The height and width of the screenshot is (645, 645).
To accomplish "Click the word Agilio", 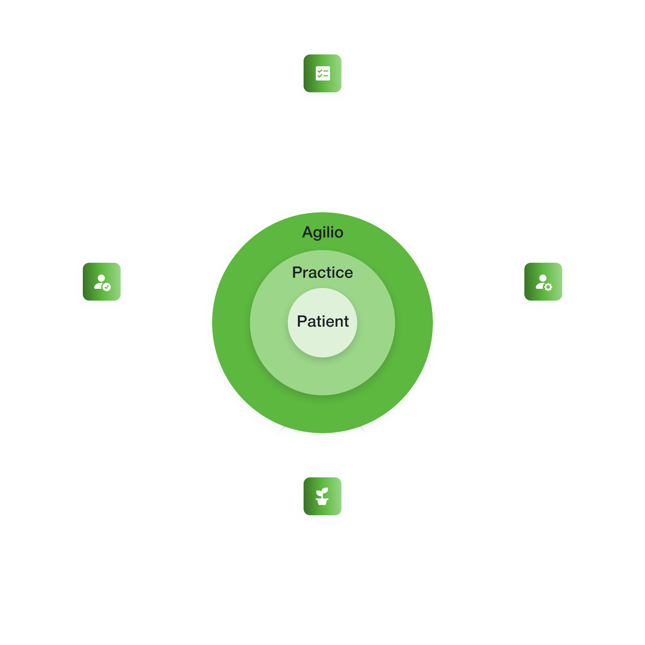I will tap(322, 232).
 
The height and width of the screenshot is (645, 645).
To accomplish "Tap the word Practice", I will tap(322, 273).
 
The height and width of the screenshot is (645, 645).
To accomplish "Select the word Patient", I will tap(322, 322).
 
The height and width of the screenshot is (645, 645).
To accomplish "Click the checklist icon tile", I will tap(322, 73).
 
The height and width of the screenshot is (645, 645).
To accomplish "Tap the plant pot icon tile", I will tap(322, 496).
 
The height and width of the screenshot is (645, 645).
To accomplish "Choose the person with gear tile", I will tap(543, 282).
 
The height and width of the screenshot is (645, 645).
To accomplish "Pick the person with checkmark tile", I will tap(102, 282).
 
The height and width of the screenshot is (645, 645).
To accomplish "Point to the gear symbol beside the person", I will tap(548, 287).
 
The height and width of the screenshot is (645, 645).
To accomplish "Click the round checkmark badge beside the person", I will tap(107, 287).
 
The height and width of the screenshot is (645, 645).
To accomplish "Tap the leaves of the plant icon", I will tap(323, 492).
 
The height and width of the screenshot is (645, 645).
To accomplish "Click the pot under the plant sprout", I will tap(322, 502).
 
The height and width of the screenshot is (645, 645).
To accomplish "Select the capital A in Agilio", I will tap(308, 232).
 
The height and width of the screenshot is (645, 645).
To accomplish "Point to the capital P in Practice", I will tap(297, 273).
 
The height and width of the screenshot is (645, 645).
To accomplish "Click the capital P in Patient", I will tap(302, 322).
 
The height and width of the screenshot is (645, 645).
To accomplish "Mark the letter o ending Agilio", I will tap(338, 233).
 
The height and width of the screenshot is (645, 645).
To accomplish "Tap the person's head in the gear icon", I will tap(543, 278).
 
